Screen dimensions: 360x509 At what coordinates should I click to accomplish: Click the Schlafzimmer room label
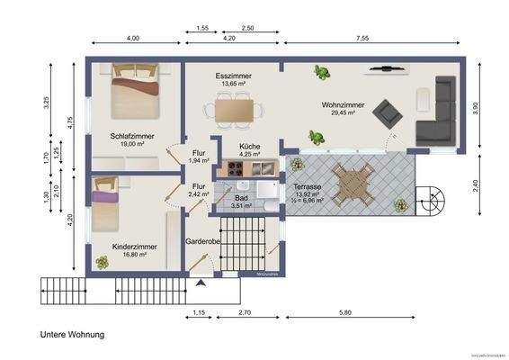tap(132, 136)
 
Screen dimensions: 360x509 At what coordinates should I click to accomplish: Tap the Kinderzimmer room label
tap(135, 246)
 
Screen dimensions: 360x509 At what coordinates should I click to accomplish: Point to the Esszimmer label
tap(234, 77)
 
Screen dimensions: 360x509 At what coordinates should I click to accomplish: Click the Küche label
tap(250, 145)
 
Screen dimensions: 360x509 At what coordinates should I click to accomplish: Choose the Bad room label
tap(241, 197)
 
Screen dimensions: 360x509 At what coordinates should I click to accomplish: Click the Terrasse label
tap(308, 186)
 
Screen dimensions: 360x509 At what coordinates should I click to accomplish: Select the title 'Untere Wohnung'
tap(72, 335)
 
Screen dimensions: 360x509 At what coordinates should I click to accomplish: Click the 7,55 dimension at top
tap(363, 39)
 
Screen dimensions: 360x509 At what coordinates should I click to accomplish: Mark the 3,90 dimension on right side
tap(488, 107)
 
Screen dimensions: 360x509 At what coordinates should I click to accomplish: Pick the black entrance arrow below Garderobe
tap(200, 284)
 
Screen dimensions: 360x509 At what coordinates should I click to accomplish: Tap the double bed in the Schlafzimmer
tap(133, 90)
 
